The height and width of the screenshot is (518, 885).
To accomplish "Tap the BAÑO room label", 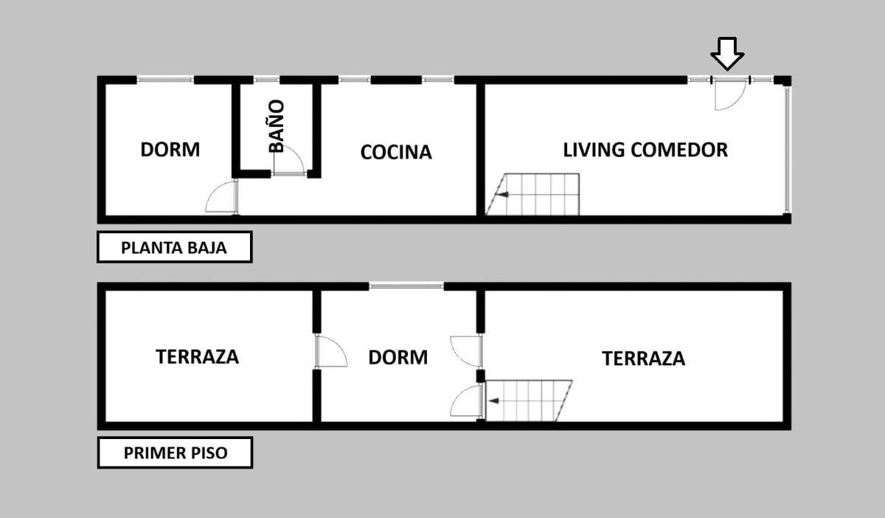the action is (x=277, y=126).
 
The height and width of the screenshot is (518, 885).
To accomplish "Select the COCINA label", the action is (x=396, y=152).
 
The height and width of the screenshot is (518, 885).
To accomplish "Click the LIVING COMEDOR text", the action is (x=645, y=150).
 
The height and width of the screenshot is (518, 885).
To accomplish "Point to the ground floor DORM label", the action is (x=170, y=150).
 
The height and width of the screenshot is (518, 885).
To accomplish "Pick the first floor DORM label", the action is (x=398, y=357).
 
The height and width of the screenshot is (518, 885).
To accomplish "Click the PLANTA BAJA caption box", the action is (x=174, y=247).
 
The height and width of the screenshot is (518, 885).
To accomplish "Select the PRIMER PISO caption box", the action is (x=175, y=453).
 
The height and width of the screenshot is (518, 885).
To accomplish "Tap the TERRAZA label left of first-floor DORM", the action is (x=197, y=356).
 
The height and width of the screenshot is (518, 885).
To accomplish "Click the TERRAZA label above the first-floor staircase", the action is (x=643, y=359).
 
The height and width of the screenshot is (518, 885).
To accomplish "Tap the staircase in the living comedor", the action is (x=532, y=195).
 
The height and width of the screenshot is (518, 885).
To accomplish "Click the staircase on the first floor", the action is (x=529, y=401).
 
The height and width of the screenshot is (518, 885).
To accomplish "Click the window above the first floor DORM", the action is (x=406, y=286).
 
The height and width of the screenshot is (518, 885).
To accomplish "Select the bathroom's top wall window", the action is (x=267, y=80).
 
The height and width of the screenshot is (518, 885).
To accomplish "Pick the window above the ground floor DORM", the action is (x=165, y=80).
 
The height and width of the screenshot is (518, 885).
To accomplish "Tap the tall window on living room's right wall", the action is (x=787, y=150).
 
